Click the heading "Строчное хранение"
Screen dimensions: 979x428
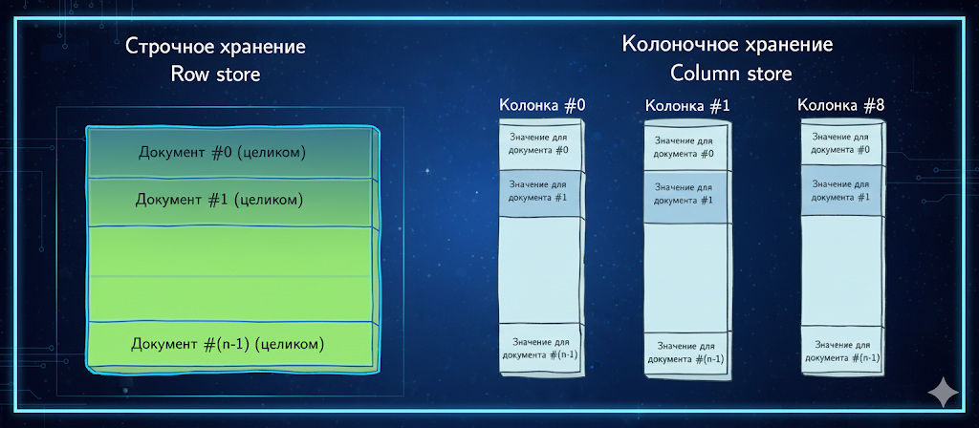(x=215, y=47)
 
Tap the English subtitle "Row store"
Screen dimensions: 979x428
(x=215, y=75)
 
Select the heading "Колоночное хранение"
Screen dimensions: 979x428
(x=728, y=45)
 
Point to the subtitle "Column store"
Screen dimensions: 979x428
(x=730, y=74)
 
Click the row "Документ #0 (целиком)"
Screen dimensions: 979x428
(x=231, y=153)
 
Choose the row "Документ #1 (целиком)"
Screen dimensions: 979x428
(x=231, y=202)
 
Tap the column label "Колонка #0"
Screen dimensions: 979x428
(x=542, y=105)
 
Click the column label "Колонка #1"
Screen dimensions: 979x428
(x=686, y=107)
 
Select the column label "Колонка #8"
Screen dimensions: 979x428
(x=841, y=106)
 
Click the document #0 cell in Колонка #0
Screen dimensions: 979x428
(x=539, y=146)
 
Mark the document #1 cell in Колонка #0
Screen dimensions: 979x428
(x=539, y=193)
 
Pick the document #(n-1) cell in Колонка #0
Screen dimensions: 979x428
(x=541, y=349)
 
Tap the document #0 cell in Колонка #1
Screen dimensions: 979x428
(x=685, y=148)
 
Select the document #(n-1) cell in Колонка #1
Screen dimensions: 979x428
(x=685, y=354)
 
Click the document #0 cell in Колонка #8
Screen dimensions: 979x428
(x=843, y=144)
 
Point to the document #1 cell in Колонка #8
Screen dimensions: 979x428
(x=843, y=190)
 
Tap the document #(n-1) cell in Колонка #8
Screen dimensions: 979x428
(x=843, y=352)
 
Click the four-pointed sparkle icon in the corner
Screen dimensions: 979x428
(x=943, y=393)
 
